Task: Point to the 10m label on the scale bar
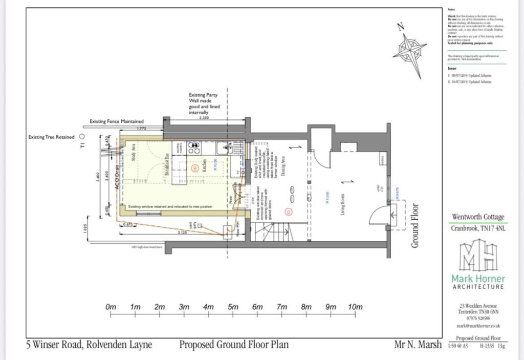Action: click(x=355, y=307)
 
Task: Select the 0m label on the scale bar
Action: click(x=111, y=307)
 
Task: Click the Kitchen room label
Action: click(x=203, y=165)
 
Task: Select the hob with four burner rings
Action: click(x=194, y=148)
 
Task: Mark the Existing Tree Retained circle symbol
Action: click(x=82, y=137)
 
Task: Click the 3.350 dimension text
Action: click(x=204, y=118)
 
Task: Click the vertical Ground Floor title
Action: click(x=415, y=226)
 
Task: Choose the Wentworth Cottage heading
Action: click(x=478, y=217)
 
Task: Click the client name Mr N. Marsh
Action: click(x=417, y=345)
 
